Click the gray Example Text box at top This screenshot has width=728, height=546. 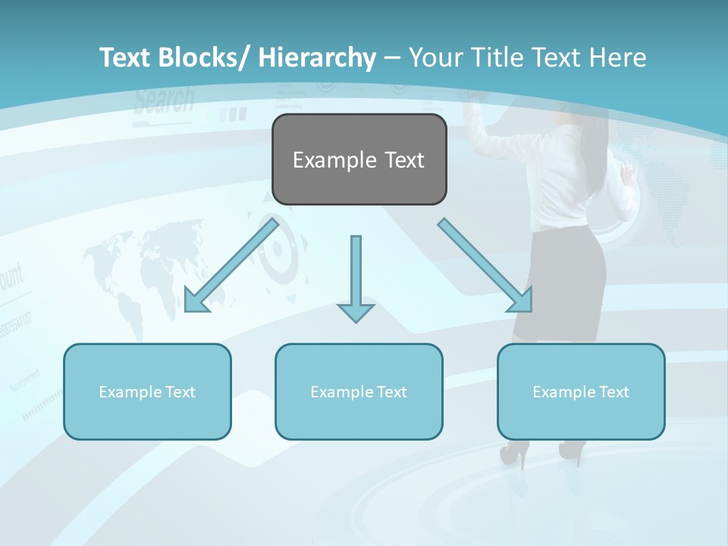(359, 160)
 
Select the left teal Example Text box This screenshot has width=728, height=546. (147, 392)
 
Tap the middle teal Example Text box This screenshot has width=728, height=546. (359, 392)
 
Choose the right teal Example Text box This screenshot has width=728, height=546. (581, 392)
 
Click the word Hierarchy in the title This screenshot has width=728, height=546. (316, 58)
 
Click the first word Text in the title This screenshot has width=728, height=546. (127, 58)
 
